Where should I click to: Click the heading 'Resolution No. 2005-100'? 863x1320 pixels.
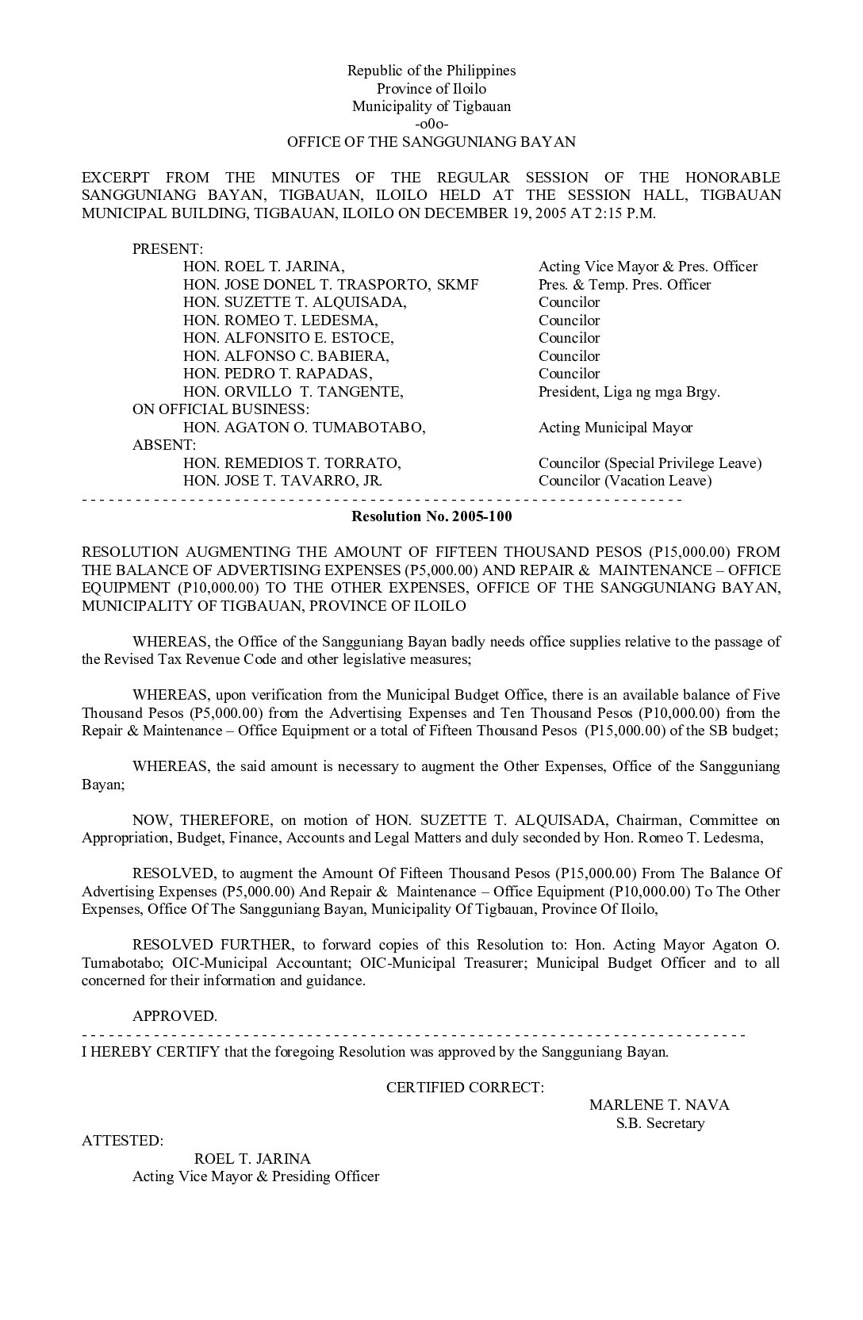tap(431, 516)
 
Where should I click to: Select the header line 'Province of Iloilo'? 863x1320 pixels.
tap(431, 89)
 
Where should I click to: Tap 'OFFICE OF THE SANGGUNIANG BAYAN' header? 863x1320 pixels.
tap(431, 142)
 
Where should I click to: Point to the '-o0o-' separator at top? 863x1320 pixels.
tap(431, 125)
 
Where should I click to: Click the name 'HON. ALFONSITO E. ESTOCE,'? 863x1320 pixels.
tap(288, 338)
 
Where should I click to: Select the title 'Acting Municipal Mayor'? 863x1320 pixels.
tap(616, 428)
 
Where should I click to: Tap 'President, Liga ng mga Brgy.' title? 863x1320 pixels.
tap(629, 392)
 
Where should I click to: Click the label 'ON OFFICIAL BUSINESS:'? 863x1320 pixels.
tap(221, 409)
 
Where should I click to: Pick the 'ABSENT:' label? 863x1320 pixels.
tap(164, 445)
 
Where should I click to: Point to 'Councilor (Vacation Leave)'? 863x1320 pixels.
tap(625, 481)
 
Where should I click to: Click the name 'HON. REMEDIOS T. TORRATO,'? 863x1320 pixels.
tap(292, 463)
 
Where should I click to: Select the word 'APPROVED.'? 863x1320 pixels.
tap(175, 1016)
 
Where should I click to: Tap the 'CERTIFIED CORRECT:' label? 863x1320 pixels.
tap(466, 1088)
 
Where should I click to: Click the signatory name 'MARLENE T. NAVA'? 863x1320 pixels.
tap(659, 1105)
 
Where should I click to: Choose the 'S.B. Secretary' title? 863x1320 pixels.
tap(660, 1123)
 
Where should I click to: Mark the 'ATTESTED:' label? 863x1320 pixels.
tap(123, 1141)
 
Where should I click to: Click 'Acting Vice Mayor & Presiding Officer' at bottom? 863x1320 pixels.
tap(255, 1176)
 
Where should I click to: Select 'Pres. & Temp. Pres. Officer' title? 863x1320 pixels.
tap(624, 285)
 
